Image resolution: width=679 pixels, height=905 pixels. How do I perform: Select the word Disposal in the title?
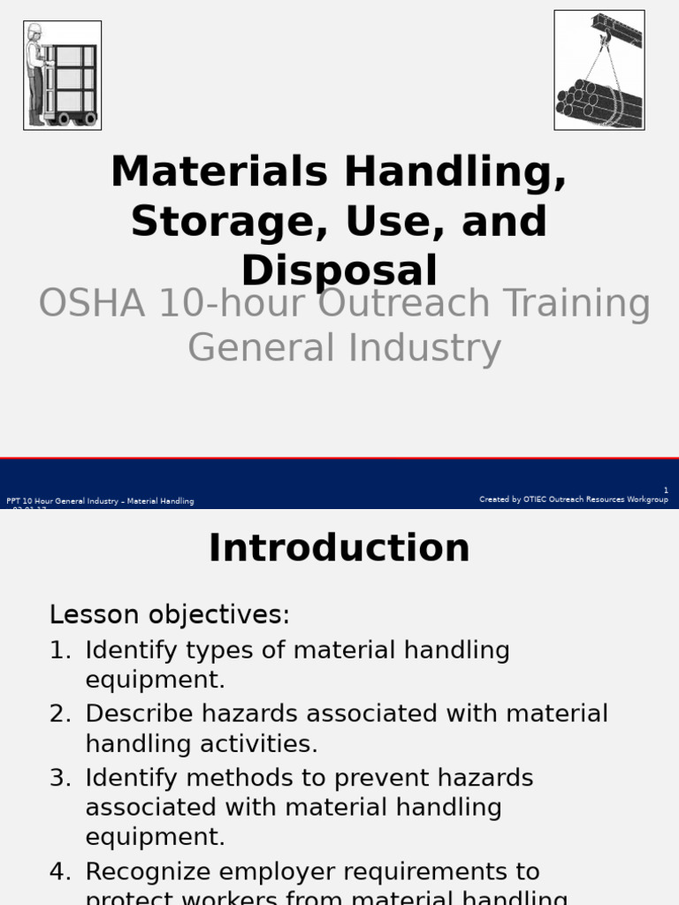coord(339,270)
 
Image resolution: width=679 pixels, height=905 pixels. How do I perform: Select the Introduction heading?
coord(339,548)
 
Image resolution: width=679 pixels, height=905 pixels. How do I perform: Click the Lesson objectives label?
coord(169,614)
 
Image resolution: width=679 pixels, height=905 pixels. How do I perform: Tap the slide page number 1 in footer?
coord(666,491)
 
